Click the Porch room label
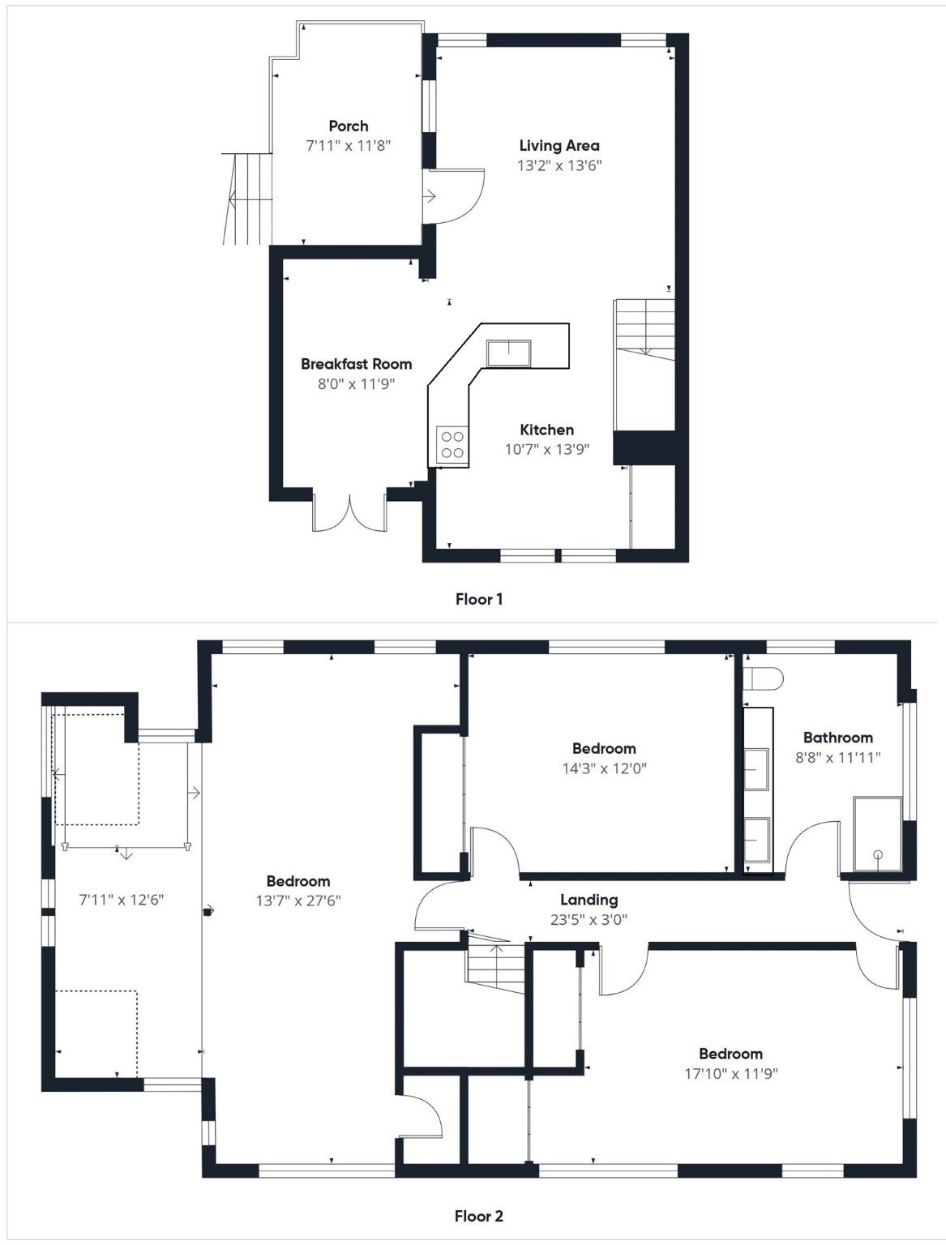pos(348,126)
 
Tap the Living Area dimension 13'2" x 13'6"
pos(559,165)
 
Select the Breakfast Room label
pos(356,364)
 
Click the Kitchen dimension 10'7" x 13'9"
pos(546,449)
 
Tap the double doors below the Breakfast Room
pos(349,511)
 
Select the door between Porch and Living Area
pos(454,195)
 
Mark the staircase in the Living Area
pos(645,328)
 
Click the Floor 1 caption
pos(478,600)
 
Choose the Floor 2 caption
pos(478,1216)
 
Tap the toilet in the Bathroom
pos(764,678)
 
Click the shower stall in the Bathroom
pos(877,835)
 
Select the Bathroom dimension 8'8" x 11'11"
pos(837,757)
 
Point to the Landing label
pos(589,900)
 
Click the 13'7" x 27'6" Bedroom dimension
pos(297,901)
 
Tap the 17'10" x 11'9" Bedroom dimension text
pos(730,1073)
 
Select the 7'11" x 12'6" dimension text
pos(122,900)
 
